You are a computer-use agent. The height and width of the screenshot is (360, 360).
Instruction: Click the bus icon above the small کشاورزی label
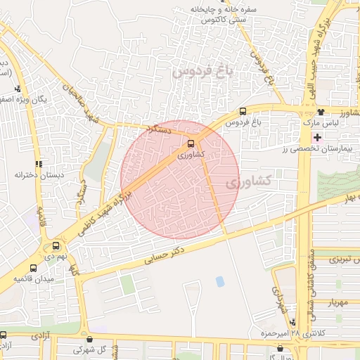[192, 143]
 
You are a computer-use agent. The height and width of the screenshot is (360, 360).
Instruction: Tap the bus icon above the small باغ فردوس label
[243, 111]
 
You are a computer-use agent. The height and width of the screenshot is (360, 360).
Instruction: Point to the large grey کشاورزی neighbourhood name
[250, 181]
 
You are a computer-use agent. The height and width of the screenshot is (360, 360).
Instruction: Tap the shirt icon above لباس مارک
[320, 112]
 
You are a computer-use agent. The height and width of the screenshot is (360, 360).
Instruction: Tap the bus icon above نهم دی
[56, 246]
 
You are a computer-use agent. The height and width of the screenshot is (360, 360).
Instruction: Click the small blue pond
[220, 281]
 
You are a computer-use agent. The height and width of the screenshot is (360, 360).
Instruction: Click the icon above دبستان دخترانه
[39, 162]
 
